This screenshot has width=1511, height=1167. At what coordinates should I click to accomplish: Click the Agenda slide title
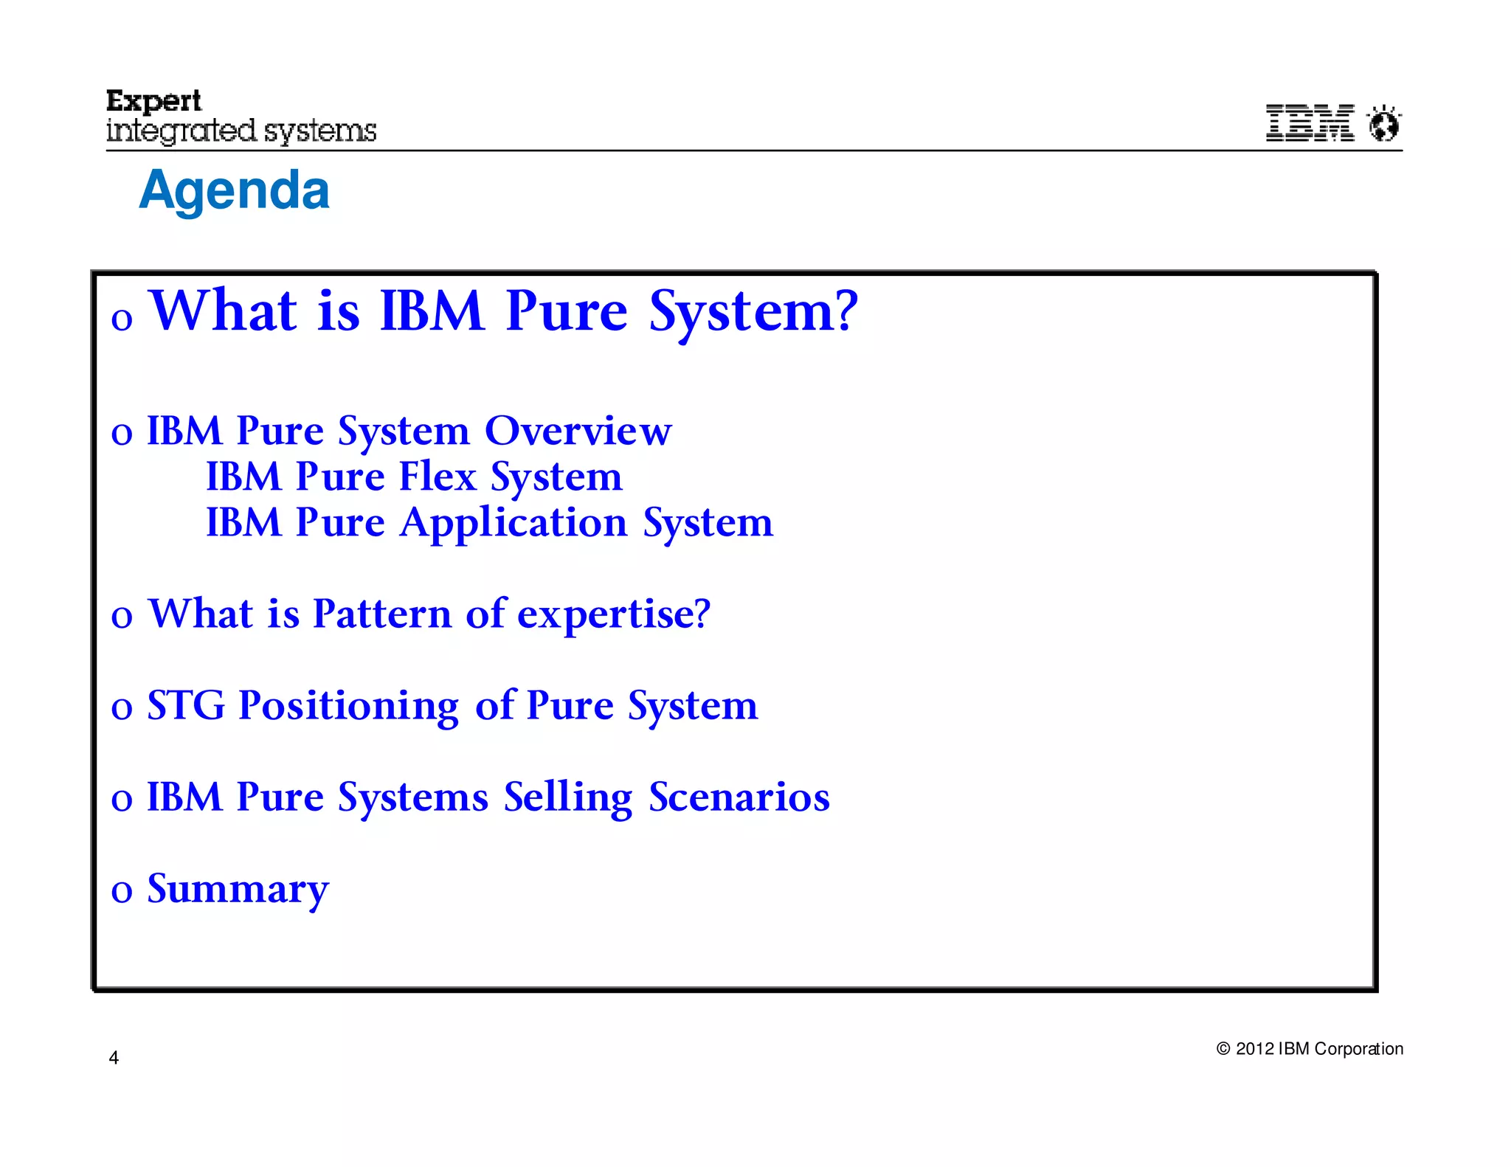tap(234, 190)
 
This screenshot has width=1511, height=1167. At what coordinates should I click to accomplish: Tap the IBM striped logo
tap(1310, 122)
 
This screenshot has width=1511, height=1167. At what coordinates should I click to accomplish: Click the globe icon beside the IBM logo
tap(1384, 123)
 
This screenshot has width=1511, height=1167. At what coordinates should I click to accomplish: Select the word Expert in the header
tap(153, 101)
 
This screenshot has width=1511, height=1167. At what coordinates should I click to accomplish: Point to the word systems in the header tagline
tap(319, 131)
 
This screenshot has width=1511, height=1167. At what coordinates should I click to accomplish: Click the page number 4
tap(114, 1058)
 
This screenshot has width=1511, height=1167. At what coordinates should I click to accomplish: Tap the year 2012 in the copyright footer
tap(1254, 1049)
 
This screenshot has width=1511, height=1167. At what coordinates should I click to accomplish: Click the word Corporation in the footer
tap(1358, 1049)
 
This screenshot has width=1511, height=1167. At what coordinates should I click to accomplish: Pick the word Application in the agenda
tap(514, 523)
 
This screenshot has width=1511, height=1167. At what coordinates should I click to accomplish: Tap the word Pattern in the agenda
tap(381, 613)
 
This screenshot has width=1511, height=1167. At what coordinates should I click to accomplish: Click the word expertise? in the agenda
tap(613, 614)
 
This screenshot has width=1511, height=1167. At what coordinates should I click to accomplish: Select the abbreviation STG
tap(186, 705)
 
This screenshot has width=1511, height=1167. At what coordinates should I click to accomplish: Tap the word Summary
tap(238, 890)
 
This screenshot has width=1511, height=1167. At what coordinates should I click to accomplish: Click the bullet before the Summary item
tap(122, 891)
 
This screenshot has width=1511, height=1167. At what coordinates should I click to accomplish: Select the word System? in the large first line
tap(753, 311)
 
